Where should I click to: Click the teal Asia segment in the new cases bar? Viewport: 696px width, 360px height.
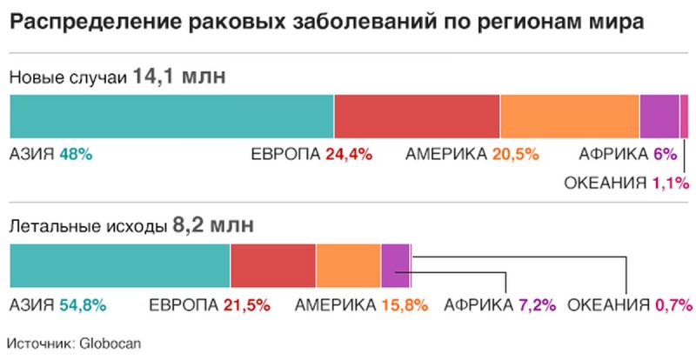[171, 116]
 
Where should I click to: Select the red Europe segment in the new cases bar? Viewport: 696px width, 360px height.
[417, 116]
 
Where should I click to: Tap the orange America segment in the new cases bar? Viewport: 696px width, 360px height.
[570, 116]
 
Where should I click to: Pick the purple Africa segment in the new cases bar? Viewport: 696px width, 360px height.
[659, 116]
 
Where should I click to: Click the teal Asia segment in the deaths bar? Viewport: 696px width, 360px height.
[119, 265]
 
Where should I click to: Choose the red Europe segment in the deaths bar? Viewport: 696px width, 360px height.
[273, 265]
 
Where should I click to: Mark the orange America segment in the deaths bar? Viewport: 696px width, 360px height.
[349, 265]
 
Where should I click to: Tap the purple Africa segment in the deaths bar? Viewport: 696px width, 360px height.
[395, 265]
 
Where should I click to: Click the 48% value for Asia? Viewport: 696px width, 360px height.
[76, 155]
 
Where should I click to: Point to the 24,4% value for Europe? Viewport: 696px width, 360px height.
[349, 155]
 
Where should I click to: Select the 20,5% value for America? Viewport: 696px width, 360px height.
[515, 155]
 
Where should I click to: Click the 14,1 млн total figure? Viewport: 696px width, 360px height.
[178, 77]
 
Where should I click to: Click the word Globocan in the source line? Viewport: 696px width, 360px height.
[104, 342]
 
